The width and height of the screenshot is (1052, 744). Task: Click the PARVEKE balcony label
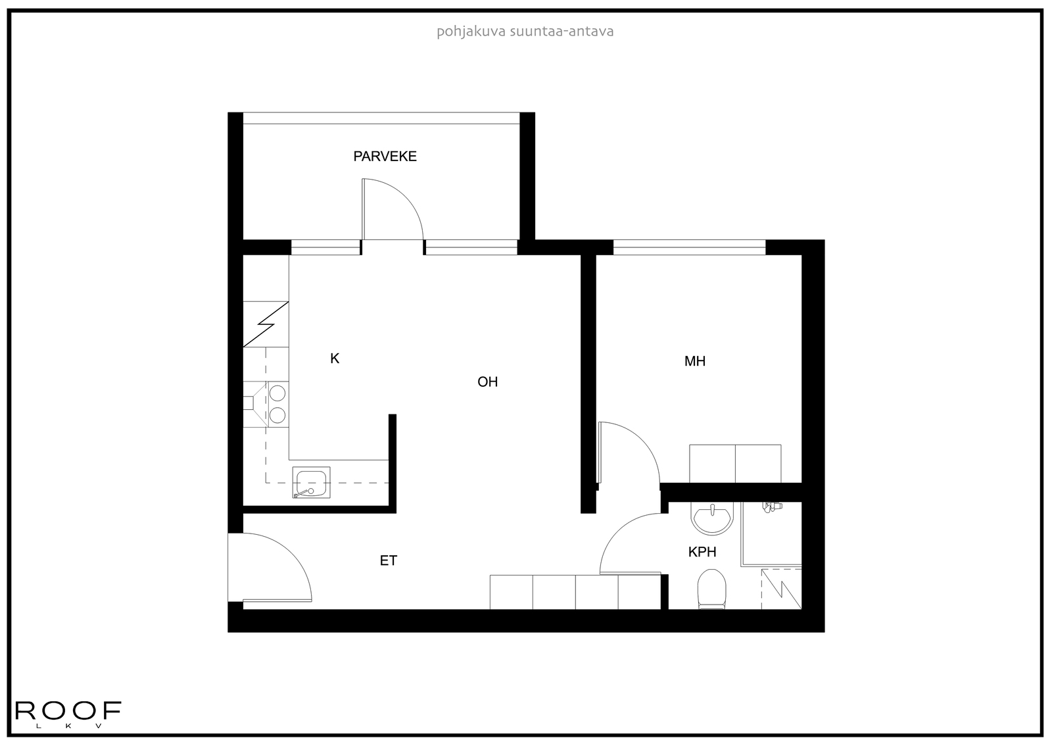(385, 157)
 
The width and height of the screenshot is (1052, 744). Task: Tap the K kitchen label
(335, 359)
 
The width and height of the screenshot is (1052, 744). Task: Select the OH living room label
(487, 382)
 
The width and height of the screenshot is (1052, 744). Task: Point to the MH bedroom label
(694, 361)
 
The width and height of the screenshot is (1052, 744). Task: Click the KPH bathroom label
(702, 552)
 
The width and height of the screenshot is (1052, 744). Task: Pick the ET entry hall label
(389, 560)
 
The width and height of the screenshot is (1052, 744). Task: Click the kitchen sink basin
(311, 482)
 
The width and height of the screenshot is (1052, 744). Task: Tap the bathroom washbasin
(712, 519)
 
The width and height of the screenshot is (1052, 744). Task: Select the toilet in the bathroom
(711, 589)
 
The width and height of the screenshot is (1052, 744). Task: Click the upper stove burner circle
(277, 393)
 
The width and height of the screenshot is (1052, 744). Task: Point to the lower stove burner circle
(277, 416)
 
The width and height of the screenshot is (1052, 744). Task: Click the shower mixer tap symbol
(771, 507)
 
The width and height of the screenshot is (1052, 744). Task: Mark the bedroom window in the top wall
(690, 247)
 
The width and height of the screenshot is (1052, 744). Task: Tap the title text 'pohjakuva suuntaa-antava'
(525, 32)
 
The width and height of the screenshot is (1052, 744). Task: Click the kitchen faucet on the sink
(303, 493)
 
